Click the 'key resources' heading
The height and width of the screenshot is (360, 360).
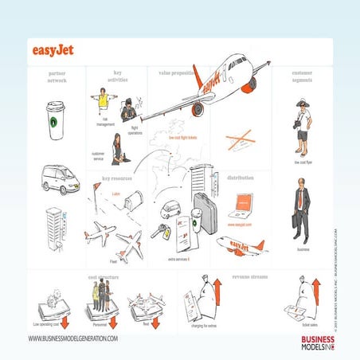[116, 178]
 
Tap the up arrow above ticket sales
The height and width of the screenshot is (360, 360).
[316, 295]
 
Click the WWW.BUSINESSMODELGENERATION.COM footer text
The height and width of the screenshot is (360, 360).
[72, 338]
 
